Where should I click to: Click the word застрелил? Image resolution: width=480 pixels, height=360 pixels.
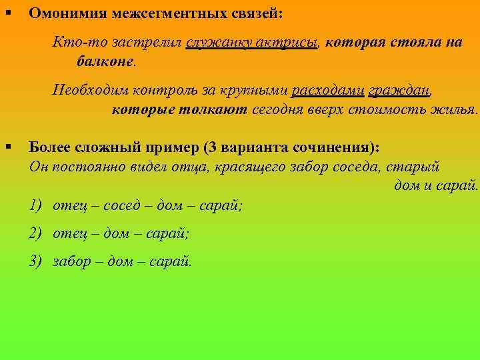click(149, 42)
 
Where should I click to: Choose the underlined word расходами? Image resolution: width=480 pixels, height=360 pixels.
click(327, 90)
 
